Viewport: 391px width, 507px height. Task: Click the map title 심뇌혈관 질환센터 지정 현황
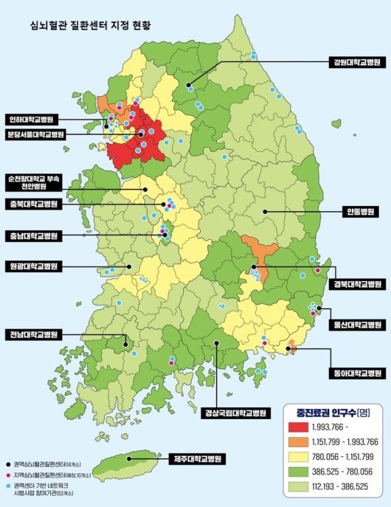click(x=90, y=24)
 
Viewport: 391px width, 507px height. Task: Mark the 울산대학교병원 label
click(x=357, y=324)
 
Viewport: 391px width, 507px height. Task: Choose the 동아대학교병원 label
click(x=357, y=373)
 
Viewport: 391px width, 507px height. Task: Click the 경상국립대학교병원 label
click(x=234, y=404)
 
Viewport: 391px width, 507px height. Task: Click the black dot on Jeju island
click(x=129, y=458)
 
